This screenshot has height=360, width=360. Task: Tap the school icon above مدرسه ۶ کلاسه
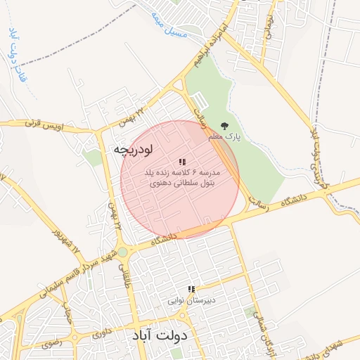(x=182, y=162)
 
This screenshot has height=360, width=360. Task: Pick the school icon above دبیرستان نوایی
(x=191, y=289)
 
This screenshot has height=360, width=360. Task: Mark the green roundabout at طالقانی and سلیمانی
(x=122, y=251)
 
